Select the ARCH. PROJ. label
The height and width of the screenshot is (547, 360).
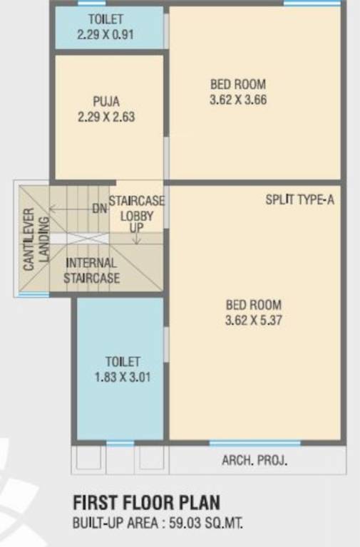tap(254, 461)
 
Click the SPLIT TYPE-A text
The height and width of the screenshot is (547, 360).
tap(299, 200)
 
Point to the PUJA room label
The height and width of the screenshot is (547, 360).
tap(106, 100)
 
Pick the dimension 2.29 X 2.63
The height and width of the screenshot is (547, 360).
tap(106, 117)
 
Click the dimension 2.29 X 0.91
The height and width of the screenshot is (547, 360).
tap(106, 33)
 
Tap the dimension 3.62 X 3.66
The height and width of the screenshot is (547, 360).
tap(238, 100)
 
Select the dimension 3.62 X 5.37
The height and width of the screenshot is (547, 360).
tap(253, 321)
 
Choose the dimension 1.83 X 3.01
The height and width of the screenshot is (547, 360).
tap(123, 377)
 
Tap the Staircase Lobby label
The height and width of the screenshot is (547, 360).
tap(137, 208)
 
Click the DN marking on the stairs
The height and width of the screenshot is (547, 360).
tap(100, 209)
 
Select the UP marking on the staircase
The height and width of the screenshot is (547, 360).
tap(137, 227)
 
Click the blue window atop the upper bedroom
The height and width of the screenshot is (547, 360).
tap(302, 4)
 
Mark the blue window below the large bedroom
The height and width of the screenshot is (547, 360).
tap(254, 443)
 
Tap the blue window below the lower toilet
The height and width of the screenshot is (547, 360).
tap(120, 443)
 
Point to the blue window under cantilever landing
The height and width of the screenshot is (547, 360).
tap(34, 294)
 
